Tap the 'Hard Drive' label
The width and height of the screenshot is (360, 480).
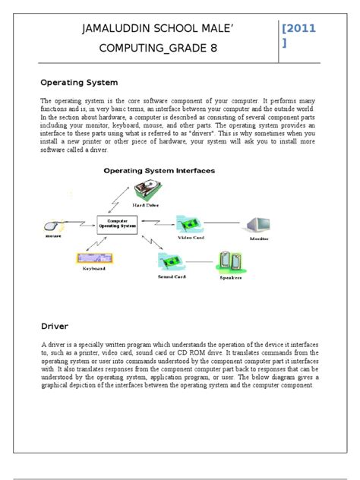(149, 206)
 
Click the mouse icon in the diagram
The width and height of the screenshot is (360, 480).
(53, 226)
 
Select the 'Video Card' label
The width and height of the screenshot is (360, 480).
(191, 238)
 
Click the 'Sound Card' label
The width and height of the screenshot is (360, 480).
(172, 278)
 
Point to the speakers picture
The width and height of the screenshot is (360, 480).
(233, 262)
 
